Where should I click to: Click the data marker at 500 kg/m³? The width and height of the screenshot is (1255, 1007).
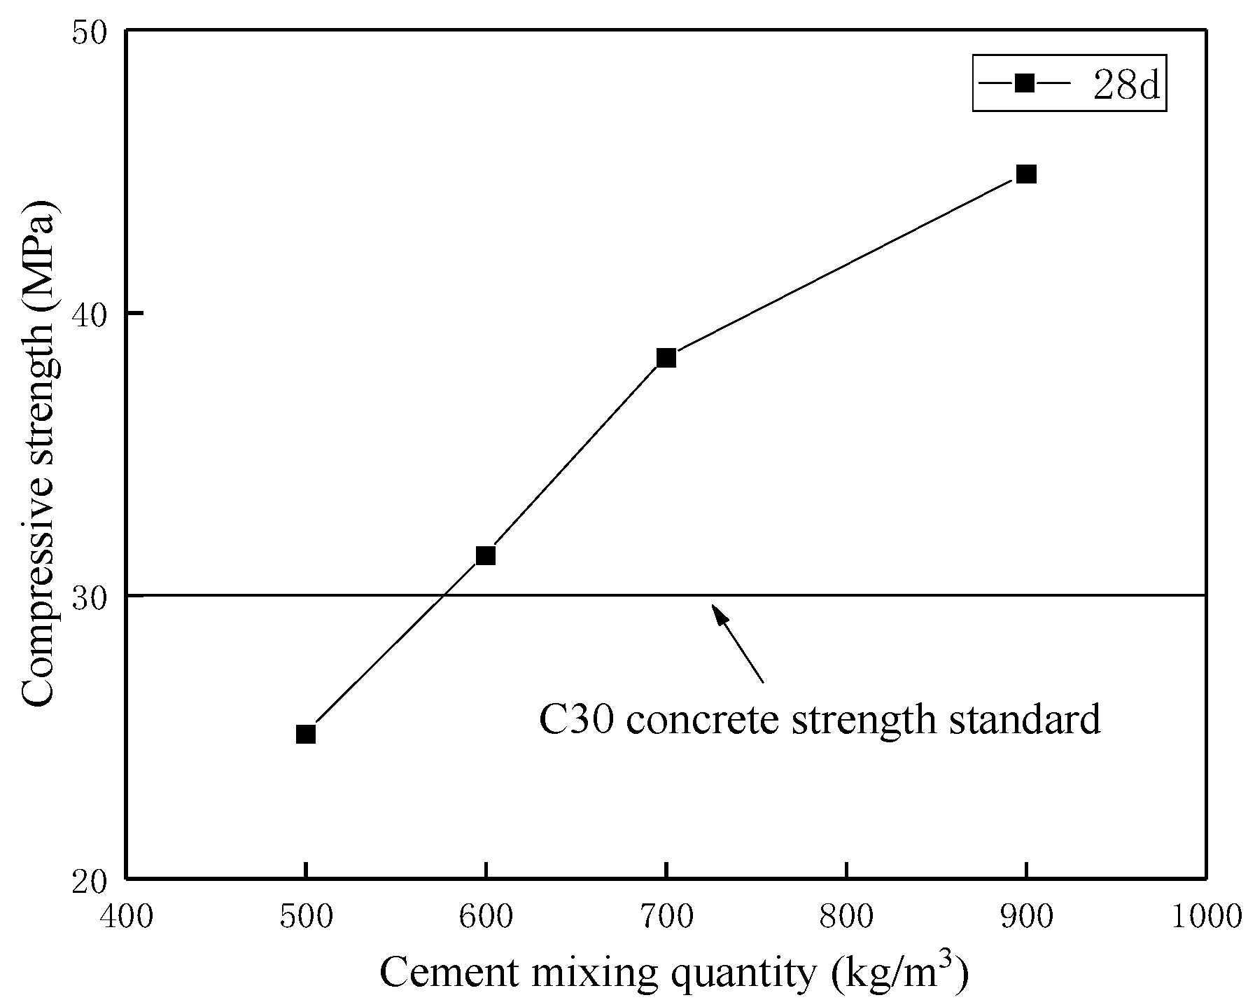[306, 734]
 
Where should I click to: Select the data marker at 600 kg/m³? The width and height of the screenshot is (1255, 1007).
[486, 555]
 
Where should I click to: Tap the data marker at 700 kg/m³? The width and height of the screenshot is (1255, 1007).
[666, 358]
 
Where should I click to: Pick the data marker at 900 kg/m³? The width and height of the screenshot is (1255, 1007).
[1026, 174]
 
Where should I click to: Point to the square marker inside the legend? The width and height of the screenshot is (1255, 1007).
[1024, 83]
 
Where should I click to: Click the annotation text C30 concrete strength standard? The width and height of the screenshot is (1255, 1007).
[820, 718]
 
